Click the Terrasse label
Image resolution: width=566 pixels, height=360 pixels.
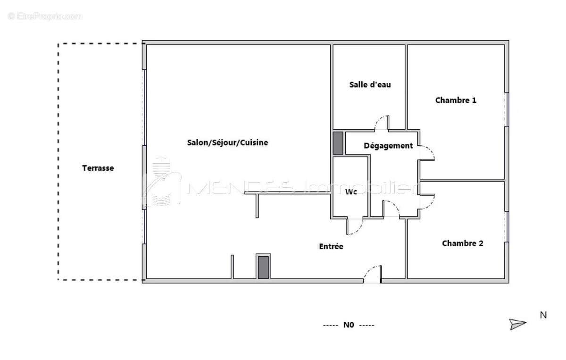(98, 168)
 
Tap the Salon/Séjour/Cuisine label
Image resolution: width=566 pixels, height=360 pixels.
(227, 142)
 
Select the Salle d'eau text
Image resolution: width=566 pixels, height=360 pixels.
(370, 85)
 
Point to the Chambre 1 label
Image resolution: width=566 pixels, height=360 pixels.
(456, 100)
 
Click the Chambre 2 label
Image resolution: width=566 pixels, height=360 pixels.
(462, 243)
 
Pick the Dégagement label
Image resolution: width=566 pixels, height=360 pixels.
(388, 146)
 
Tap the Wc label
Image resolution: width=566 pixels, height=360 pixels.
(351, 192)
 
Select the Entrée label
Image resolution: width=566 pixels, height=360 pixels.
(331, 246)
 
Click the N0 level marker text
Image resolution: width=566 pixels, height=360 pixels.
(349, 325)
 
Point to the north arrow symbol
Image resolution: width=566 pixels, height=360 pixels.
(517, 324)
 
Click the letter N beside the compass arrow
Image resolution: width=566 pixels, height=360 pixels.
(543, 315)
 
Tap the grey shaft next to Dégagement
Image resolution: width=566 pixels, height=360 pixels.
(338, 143)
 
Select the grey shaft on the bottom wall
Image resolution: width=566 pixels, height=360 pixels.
(263, 267)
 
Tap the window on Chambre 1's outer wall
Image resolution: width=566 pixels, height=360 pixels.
(507, 109)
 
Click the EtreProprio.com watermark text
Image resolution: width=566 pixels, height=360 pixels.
(45, 16)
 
